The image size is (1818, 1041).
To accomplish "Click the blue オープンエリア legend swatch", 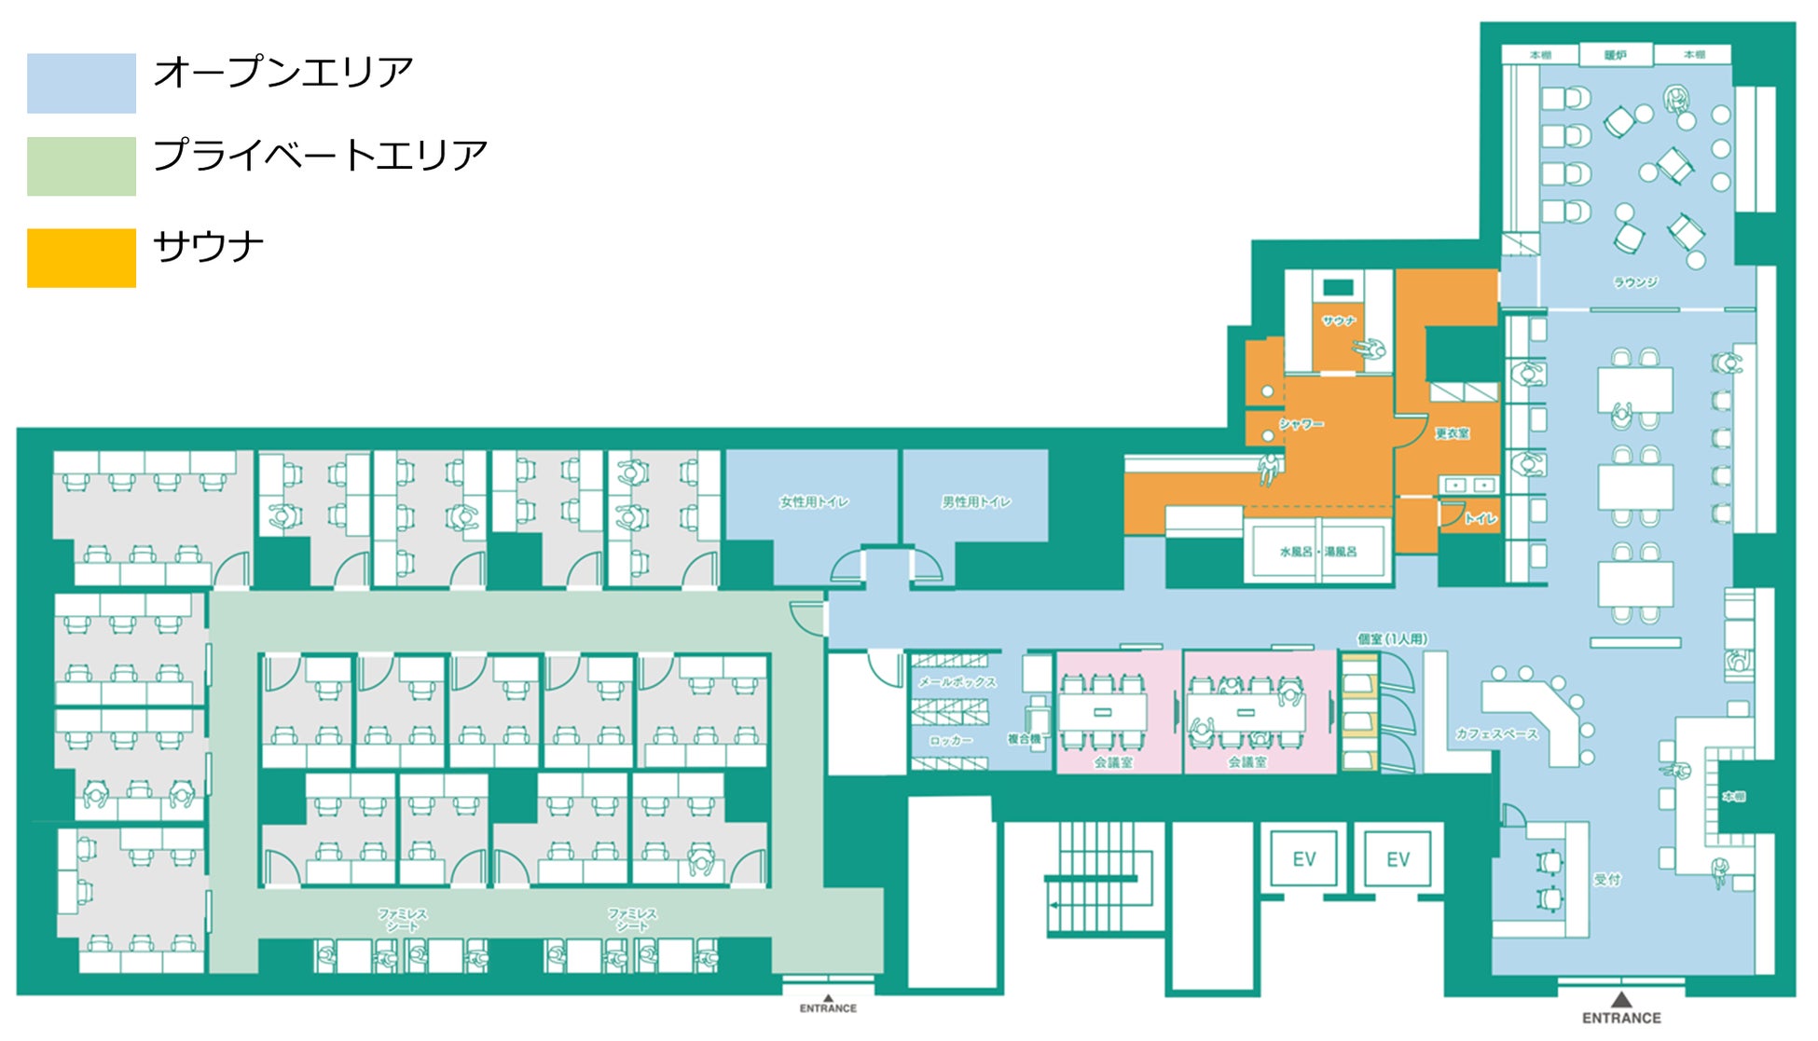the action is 81,83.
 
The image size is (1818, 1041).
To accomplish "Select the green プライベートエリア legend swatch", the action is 81,166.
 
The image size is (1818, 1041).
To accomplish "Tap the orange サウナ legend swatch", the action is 81,257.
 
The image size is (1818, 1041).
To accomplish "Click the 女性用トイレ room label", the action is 814,502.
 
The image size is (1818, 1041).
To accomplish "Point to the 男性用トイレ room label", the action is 976,502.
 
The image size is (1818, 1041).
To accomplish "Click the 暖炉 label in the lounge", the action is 1616,55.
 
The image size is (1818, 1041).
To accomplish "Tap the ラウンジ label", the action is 1635,281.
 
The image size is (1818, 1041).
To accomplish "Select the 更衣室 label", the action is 1452,433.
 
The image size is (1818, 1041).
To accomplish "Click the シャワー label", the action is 1301,424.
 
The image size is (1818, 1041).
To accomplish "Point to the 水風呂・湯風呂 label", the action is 1318,552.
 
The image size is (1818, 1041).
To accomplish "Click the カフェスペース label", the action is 1496,734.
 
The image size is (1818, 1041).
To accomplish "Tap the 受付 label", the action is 1606,879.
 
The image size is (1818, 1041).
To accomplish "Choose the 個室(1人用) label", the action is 1392,638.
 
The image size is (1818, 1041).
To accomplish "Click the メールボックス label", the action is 957,682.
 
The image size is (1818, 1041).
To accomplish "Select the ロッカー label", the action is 950,741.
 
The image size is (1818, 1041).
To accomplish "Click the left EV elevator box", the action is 1304,859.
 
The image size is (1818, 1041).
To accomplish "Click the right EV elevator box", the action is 1398,859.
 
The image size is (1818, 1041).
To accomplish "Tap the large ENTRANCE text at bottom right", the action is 1621,1018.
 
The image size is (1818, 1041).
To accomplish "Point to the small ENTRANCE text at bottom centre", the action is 828,1008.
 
